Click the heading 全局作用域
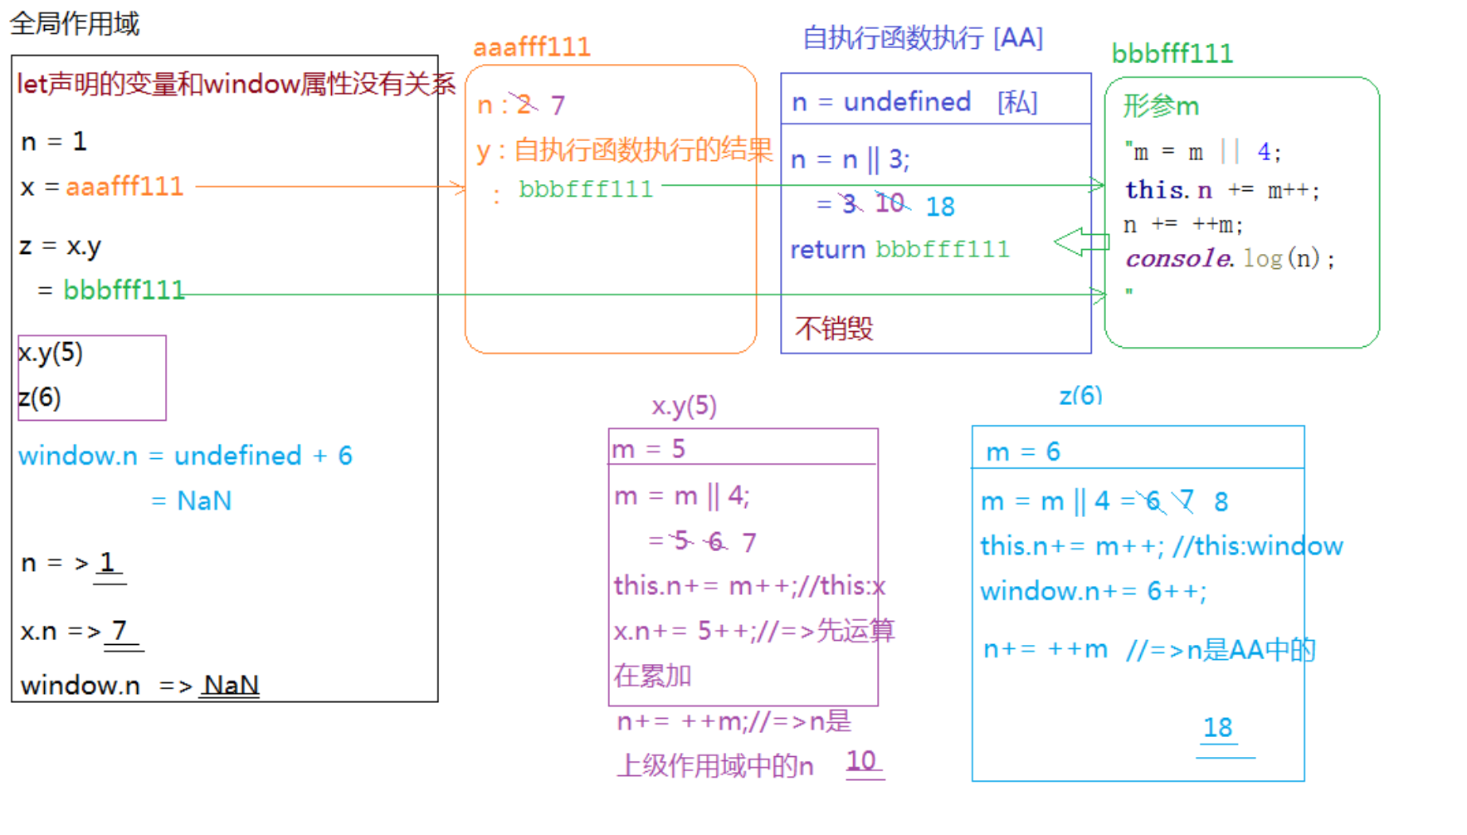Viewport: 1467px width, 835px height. click(75, 23)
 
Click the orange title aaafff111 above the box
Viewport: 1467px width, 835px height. click(532, 46)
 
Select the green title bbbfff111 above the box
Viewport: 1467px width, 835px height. click(1172, 54)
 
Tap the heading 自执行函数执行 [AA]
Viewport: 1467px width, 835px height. click(923, 38)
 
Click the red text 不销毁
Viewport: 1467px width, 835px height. click(834, 329)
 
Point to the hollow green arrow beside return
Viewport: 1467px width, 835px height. click(1081, 242)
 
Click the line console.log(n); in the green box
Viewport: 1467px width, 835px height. click(1230, 258)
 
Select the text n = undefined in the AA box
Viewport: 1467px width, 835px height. click(881, 102)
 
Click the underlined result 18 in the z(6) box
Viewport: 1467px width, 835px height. click(1218, 728)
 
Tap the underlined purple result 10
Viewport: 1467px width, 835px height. click(861, 760)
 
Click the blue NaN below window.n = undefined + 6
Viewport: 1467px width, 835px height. click(204, 501)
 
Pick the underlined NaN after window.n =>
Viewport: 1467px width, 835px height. click(231, 685)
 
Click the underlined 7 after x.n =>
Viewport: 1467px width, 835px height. click(120, 630)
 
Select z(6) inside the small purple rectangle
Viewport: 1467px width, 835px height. click(39, 398)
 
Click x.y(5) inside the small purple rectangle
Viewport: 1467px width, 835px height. click(51, 353)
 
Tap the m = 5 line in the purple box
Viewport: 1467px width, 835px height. click(648, 449)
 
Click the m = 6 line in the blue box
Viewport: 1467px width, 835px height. click(1023, 452)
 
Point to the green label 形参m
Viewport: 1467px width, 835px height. click(1161, 106)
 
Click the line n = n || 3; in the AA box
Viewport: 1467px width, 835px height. click(850, 159)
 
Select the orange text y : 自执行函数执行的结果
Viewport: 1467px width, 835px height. click(625, 150)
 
